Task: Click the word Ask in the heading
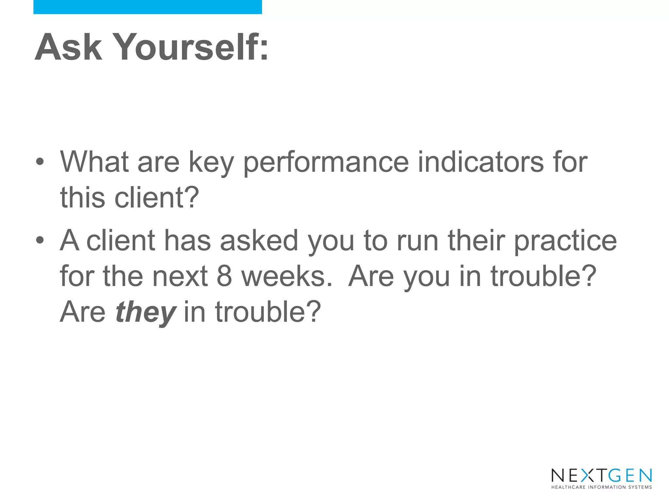click(x=68, y=47)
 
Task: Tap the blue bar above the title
click(x=147, y=7)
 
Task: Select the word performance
click(x=326, y=162)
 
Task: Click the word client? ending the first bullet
click(x=156, y=198)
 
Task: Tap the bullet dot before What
click(x=40, y=161)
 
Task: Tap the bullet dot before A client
click(x=40, y=240)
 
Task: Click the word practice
click(x=565, y=241)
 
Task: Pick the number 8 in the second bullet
click(x=224, y=276)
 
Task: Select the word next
click(x=180, y=276)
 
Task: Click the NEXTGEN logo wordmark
click(x=601, y=476)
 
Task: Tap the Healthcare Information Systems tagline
click(x=601, y=487)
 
